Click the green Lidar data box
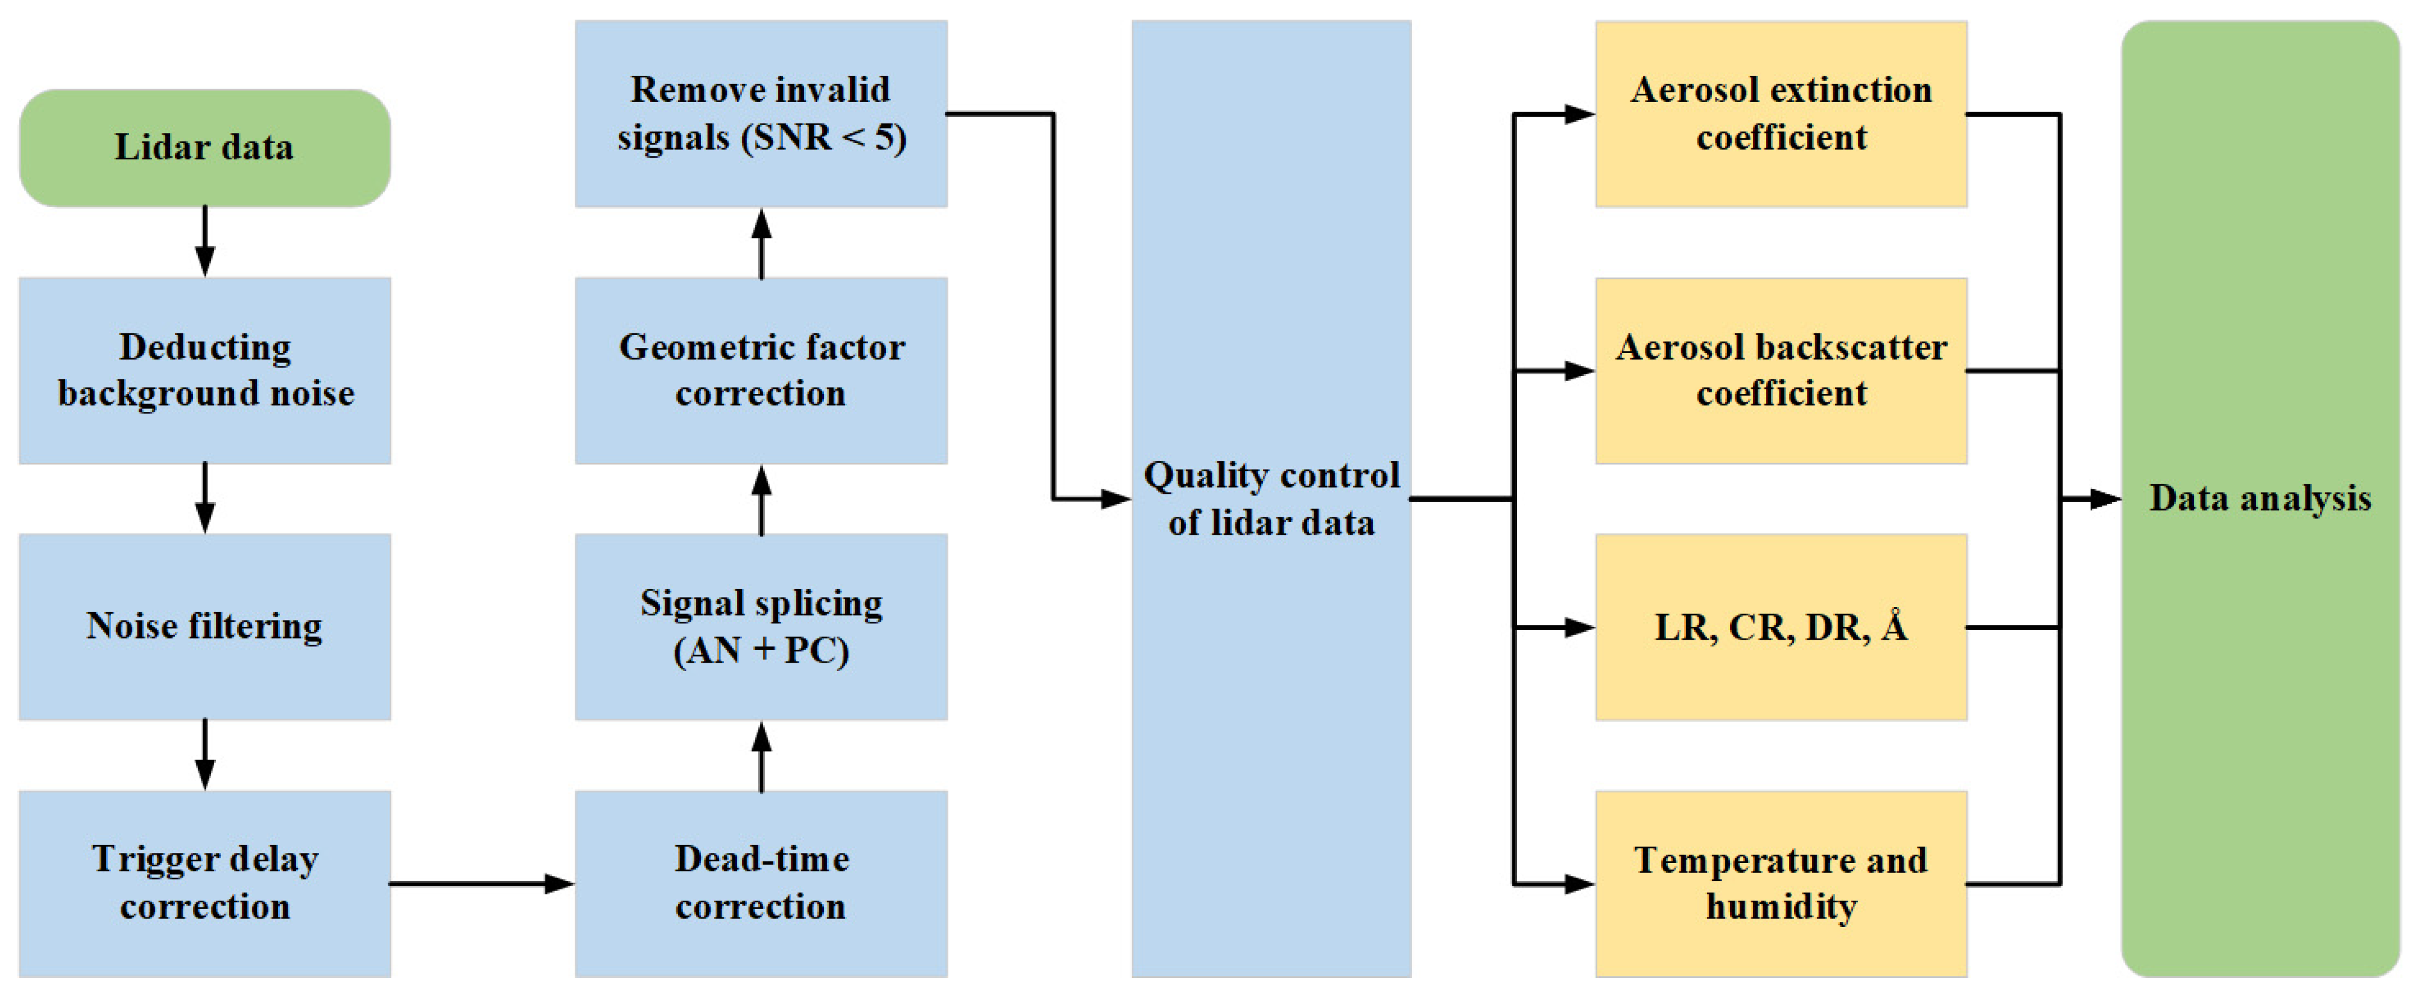pos(205,148)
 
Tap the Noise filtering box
pos(205,626)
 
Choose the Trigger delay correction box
pos(205,883)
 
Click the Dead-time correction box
pos(761,883)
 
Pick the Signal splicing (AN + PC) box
pos(761,626)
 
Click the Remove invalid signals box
pos(761,113)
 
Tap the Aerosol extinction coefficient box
pos(1781,113)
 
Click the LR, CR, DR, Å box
pos(1781,626)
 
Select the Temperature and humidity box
pos(1781,883)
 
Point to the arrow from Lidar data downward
pos(205,241)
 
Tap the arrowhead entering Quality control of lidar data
pos(1117,498)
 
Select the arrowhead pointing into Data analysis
pos(2106,498)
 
